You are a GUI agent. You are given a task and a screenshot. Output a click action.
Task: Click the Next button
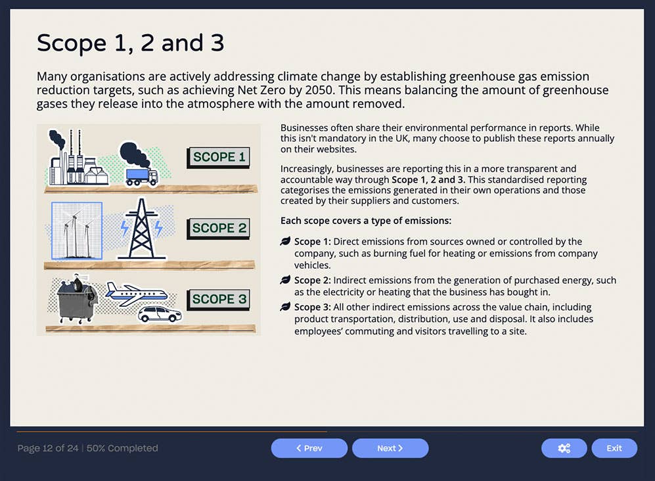pos(390,448)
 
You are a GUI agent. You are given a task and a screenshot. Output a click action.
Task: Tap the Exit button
pos(614,448)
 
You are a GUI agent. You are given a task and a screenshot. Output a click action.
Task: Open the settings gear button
pos(564,448)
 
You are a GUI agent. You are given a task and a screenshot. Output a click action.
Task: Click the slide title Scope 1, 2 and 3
pos(130,43)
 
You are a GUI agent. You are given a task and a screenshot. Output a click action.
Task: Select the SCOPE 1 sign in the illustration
pos(219,157)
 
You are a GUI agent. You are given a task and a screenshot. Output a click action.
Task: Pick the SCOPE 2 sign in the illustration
pos(219,228)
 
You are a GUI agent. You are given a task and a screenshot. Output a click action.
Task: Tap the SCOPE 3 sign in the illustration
pos(219,299)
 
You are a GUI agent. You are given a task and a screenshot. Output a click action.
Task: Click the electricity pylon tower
pos(142,229)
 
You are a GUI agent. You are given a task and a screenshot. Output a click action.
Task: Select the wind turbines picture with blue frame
pos(77,230)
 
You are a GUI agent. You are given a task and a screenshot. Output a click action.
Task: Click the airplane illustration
pos(136,294)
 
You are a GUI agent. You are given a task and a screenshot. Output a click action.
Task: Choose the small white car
pos(160,314)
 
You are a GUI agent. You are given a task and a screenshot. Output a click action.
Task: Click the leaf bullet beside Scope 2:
pos(285,280)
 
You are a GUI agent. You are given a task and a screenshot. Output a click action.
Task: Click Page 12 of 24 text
pos(49,448)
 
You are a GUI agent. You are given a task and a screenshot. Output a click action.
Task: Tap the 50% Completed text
pos(122,448)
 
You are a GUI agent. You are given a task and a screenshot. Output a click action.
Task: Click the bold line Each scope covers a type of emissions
pos(365,221)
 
